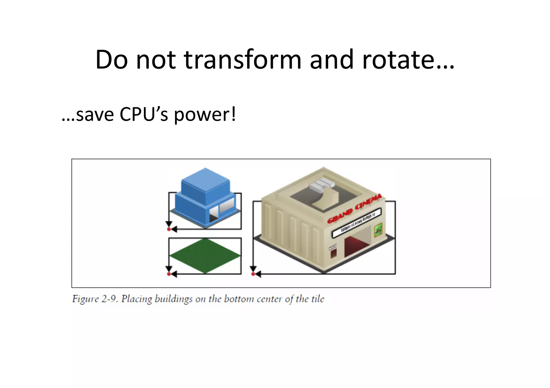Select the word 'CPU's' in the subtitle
click(144, 114)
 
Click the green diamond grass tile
click(205, 256)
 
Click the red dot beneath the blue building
click(169, 229)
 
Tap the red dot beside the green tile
click(169, 274)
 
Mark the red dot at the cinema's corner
click(253, 274)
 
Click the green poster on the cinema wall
click(378, 230)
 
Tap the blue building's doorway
click(213, 215)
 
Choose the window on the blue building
click(227, 205)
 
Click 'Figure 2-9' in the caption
click(95, 299)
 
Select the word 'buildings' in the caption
click(173, 299)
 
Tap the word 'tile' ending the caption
click(318, 299)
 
